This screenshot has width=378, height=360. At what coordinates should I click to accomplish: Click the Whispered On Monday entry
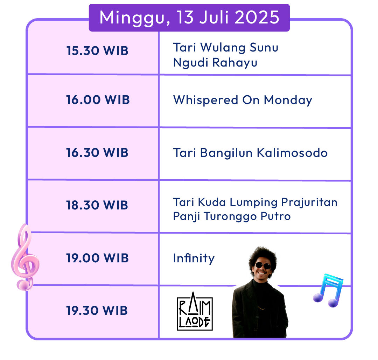tap(243, 100)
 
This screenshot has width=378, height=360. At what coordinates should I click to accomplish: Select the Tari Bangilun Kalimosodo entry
tap(250, 153)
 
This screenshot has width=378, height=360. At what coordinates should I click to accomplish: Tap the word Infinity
tap(194, 258)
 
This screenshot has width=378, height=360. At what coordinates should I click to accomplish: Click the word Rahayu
tap(235, 63)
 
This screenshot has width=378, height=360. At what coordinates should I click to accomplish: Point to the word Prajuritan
tap(309, 202)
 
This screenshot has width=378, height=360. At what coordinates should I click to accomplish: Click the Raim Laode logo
tap(195, 311)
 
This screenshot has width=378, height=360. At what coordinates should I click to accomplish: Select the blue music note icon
tap(328, 290)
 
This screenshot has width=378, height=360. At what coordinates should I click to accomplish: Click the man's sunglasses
tap(263, 266)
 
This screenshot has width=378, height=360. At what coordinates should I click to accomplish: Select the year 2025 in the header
tap(257, 18)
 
